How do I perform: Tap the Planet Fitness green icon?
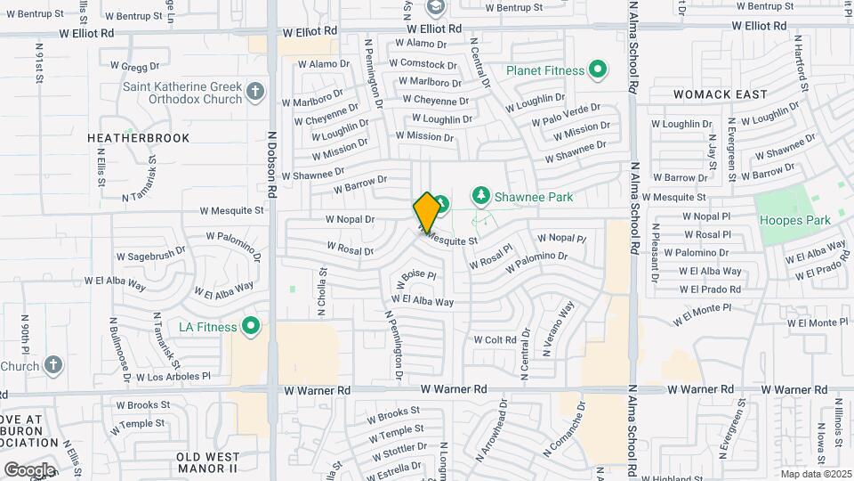[598, 69]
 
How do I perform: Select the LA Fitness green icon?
[251, 327]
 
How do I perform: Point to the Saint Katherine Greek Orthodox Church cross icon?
[255, 92]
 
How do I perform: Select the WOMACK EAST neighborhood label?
[720, 94]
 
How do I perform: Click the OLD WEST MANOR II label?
[207, 461]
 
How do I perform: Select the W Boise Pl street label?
[417, 277]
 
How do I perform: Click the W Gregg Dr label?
[134, 65]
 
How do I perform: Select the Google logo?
[28, 469]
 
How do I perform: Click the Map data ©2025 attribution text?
[815, 474]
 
